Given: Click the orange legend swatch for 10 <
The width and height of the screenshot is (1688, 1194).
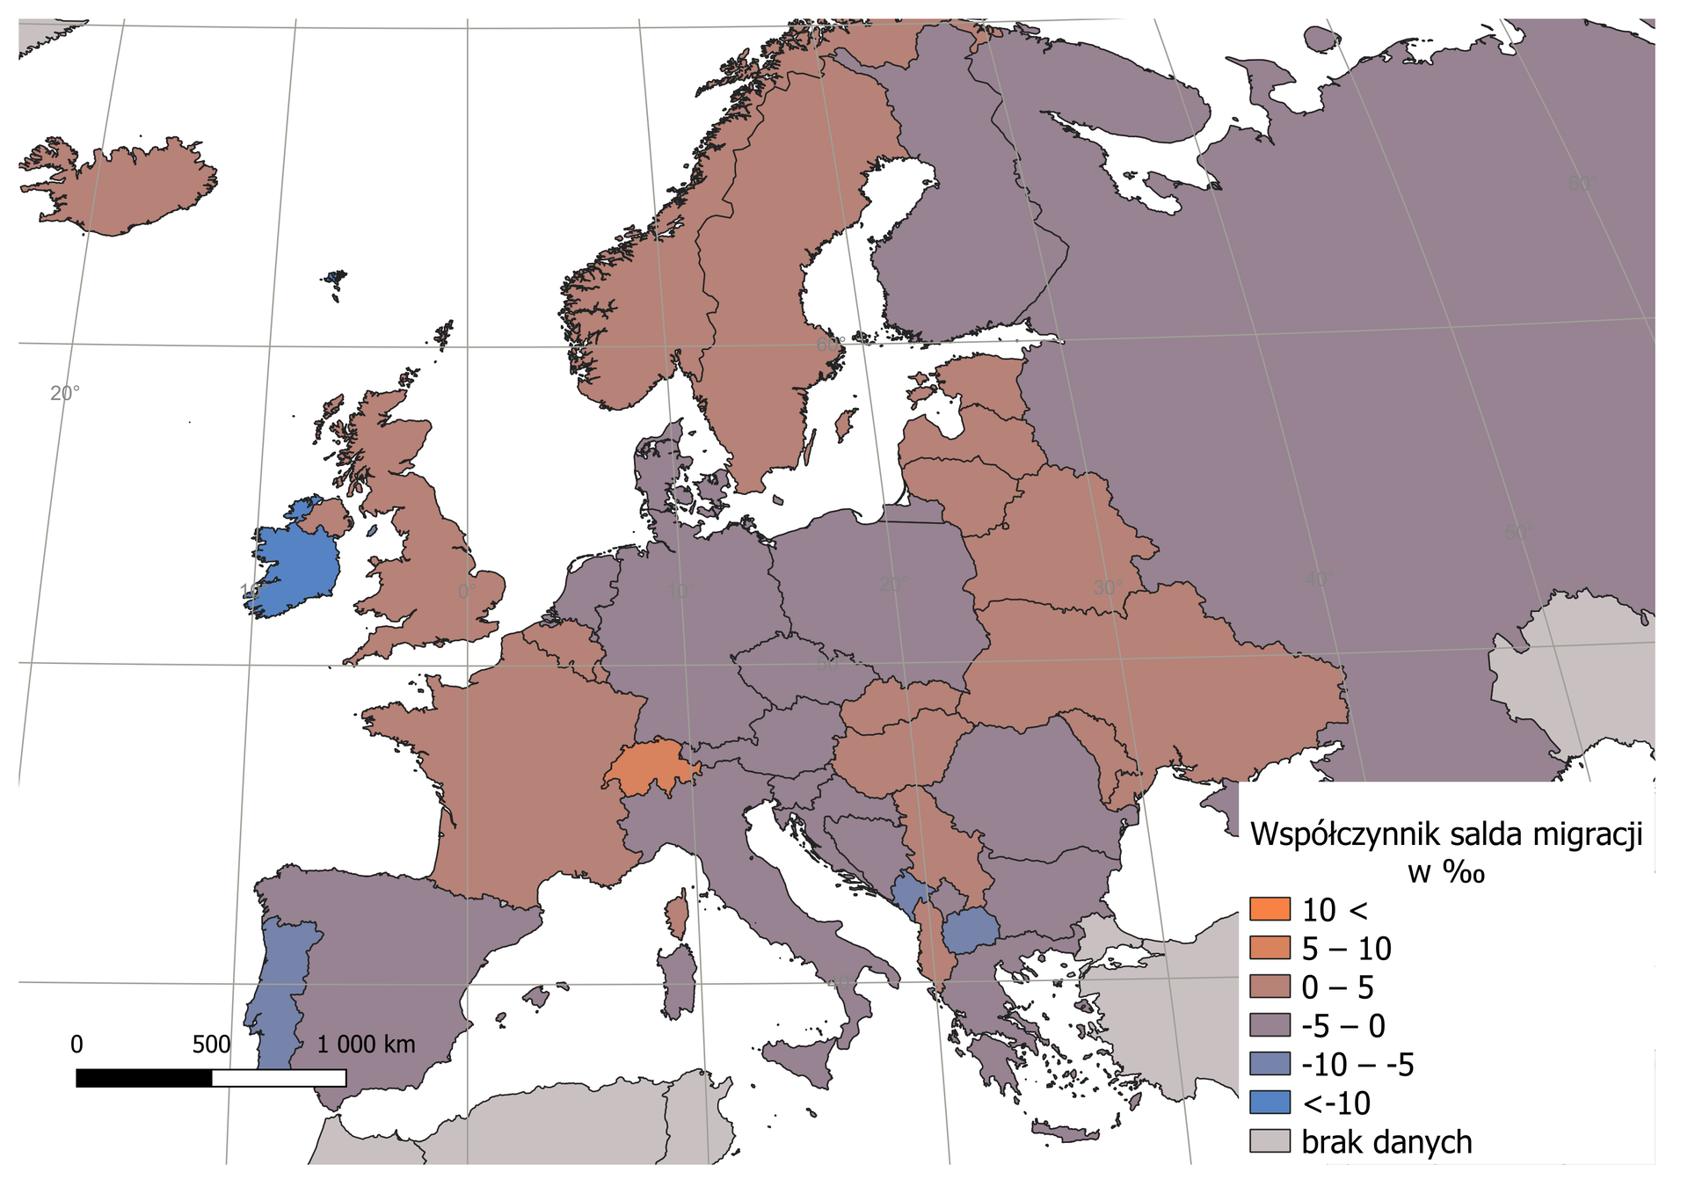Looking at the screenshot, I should [x=1270, y=909].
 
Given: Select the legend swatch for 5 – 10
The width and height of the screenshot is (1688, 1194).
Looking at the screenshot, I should [x=1270, y=948].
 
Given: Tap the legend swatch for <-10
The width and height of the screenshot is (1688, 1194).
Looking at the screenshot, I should [x=1270, y=1103].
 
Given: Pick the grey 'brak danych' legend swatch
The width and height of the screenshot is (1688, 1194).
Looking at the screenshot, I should [x=1270, y=1141].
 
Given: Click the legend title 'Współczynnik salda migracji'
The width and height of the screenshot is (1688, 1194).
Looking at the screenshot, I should [x=1446, y=834].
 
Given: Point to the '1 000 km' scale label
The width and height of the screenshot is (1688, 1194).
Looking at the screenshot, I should [x=366, y=1045].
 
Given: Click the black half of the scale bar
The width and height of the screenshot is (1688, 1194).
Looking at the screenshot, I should [x=144, y=1078].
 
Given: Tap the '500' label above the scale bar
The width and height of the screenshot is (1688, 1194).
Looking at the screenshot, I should [x=211, y=1045].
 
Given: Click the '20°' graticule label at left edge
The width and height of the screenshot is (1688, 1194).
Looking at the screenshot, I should [x=64, y=393].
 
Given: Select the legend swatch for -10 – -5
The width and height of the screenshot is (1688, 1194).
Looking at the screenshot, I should [x=1270, y=1064].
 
